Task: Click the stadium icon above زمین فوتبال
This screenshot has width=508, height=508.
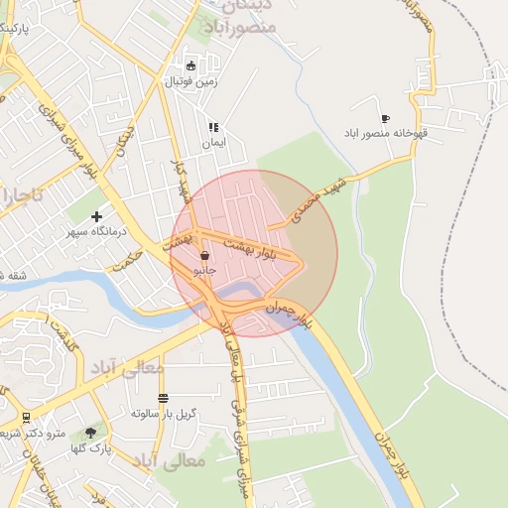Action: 190,65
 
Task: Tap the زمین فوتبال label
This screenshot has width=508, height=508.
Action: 190,80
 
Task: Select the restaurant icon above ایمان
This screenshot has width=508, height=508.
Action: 212,128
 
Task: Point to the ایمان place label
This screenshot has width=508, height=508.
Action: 213,143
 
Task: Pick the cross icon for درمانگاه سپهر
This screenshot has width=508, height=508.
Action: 96,216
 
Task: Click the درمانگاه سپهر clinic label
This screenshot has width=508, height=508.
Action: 97,231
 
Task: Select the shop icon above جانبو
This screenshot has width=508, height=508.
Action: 204,255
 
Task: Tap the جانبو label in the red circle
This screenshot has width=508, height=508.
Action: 204,269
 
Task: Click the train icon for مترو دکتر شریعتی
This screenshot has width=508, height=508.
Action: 25,418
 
